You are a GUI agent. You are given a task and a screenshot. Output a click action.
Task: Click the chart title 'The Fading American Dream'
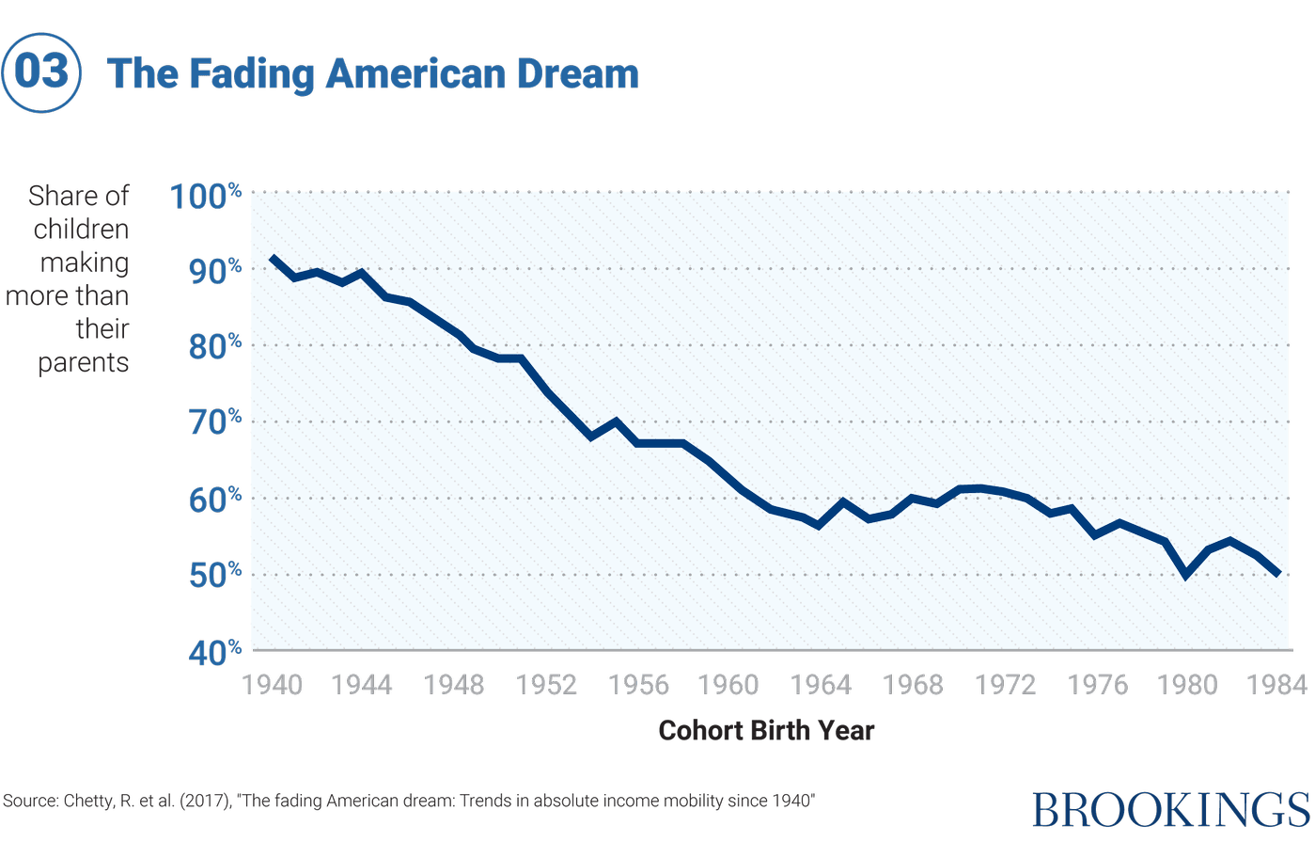(x=373, y=74)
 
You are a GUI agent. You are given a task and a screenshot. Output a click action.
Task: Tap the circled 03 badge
(x=41, y=73)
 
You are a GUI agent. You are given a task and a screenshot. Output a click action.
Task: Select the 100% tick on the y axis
(x=206, y=196)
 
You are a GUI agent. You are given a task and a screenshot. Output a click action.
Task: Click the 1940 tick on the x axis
(x=273, y=684)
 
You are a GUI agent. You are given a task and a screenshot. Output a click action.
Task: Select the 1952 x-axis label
(x=547, y=684)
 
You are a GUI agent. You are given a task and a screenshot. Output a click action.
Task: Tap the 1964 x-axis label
(x=822, y=684)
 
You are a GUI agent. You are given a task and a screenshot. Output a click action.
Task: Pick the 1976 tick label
(x=1097, y=684)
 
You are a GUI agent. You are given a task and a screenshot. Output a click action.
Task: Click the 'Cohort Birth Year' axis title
(x=766, y=731)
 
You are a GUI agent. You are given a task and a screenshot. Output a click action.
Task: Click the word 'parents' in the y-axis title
(x=83, y=364)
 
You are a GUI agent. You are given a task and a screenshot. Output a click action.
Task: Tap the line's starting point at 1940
(x=273, y=257)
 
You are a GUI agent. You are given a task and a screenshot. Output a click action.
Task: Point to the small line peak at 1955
(x=616, y=421)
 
